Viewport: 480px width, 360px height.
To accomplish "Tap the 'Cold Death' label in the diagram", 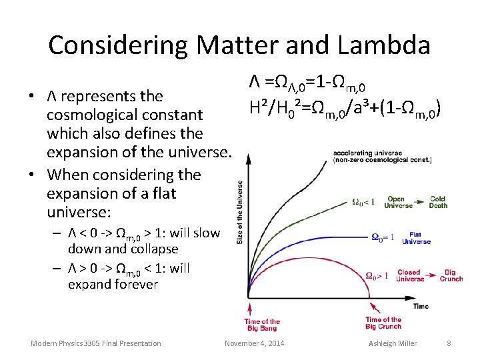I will click(438, 203).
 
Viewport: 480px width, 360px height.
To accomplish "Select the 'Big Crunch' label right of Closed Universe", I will click(451, 275).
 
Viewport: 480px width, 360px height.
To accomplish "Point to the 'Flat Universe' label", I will click(416, 238).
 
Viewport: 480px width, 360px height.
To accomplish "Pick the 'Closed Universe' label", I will click(409, 275).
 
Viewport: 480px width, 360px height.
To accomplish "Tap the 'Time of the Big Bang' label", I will click(261, 325).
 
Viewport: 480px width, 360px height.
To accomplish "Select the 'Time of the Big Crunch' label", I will click(383, 323).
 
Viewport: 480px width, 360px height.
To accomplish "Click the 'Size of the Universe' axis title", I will click(240, 213).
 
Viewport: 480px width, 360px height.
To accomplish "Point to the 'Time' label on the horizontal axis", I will click(421, 306).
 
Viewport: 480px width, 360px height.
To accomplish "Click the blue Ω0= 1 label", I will click(383, 237).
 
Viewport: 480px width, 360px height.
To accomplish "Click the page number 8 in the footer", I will click(449, 343).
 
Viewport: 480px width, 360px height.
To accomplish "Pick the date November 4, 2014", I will click(254, 343).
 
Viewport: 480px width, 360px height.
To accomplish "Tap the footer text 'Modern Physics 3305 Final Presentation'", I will click(96, 343).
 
